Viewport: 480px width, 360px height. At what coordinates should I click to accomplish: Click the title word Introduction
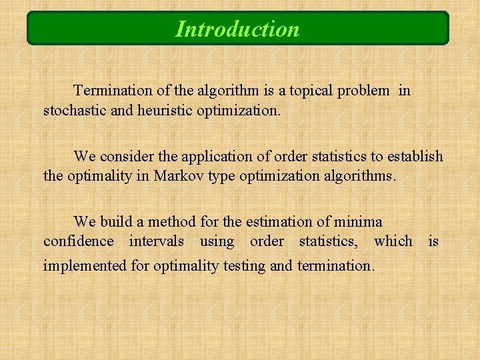click(x=237, y=29)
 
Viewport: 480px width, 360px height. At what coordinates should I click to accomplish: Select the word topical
click(x=307, y=90)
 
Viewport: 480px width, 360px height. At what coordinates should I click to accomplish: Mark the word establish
click(x=415, y=157)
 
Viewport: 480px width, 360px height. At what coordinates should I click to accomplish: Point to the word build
click(x=114, y=222)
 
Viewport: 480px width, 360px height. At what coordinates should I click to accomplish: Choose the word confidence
click(x=79, y=241)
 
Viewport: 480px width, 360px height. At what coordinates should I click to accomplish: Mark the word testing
click(x=243, y=265)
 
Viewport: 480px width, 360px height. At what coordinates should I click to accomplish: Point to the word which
click(x=393, y=241)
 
